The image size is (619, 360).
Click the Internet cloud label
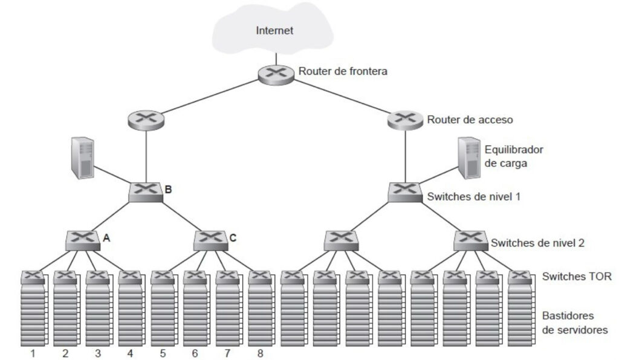pos(274,30)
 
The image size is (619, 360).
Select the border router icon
pos(276,74)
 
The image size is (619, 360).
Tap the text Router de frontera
pos(343,71)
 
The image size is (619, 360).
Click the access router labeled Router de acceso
pos(406,120)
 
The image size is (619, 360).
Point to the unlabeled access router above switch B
pos(146,120)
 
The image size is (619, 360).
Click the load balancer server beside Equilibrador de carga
pos(469,158)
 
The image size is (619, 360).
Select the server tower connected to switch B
pos(82,158)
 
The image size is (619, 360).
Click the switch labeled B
pos(146,192)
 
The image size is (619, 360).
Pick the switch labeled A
pos(83,240)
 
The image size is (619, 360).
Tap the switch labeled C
pos(211,240)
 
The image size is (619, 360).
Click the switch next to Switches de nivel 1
pos(405,192)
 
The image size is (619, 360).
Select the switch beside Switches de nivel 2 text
pos(470,240)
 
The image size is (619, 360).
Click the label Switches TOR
pos(577,277)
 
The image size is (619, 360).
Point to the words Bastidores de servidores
pos(575,323)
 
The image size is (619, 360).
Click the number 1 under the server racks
pos(33,353)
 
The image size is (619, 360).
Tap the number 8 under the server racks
pos(260,353)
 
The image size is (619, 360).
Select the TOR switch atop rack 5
pos(163,277)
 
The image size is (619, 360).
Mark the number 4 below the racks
pos(131,353)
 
